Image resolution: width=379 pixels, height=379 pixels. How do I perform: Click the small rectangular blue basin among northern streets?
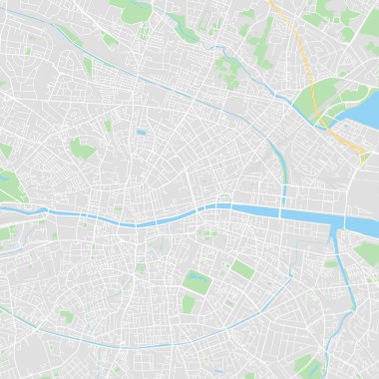click(142, 132)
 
